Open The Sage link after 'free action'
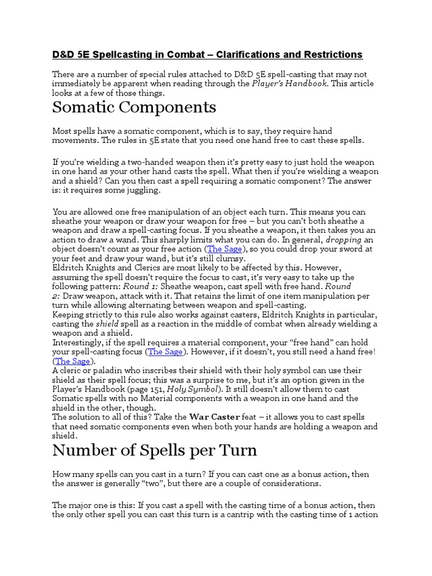click(224, 249)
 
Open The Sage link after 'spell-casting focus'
click(165, 352)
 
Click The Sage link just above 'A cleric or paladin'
click(71, 361)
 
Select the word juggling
click(141, 191)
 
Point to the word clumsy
click(230, 258)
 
